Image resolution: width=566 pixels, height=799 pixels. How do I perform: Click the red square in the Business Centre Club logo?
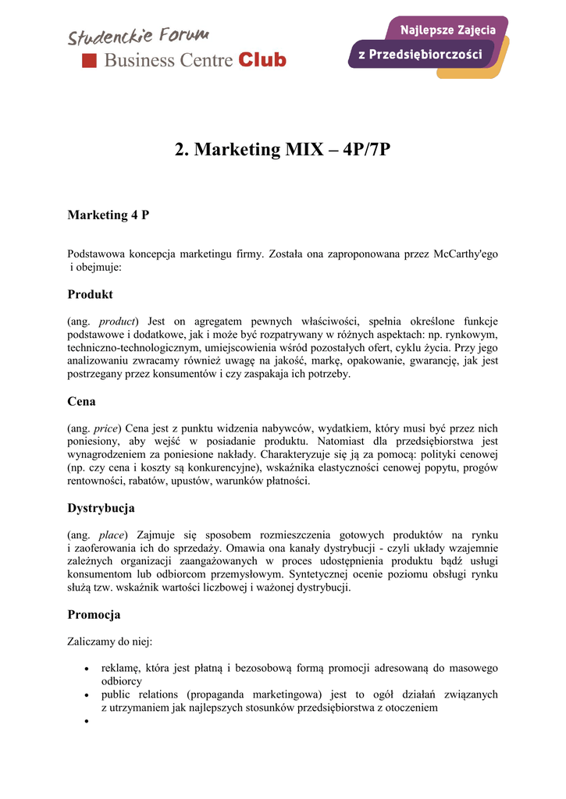(90, 60)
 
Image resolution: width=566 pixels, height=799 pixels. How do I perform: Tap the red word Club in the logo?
(262, 60)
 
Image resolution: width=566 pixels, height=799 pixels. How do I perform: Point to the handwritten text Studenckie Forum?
(138, 35)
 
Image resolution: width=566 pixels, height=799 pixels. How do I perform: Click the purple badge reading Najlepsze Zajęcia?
(448, 30)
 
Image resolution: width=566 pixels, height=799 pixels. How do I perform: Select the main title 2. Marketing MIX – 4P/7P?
(283, 149)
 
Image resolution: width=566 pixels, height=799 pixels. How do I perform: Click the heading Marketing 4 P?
(109, 215)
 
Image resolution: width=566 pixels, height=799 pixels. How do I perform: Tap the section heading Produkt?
(91, 294)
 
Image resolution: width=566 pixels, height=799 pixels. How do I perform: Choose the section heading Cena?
(82, 401)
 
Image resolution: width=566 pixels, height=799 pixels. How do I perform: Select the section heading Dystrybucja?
(101, 508)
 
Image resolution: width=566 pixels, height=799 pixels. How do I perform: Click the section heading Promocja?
(94, 615)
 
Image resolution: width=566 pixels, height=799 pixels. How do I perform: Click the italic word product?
(117, 321)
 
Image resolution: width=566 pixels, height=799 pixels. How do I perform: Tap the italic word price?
(105, 428)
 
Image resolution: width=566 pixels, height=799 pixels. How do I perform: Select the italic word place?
(112, 535)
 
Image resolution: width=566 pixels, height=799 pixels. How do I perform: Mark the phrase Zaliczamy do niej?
(110, 642)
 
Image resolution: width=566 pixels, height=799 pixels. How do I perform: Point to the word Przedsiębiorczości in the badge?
(431, 55)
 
